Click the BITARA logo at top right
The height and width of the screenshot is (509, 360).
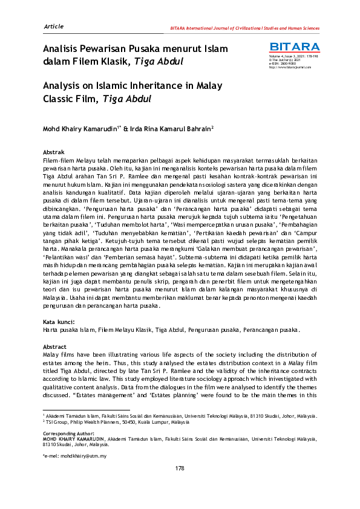click(295, 47)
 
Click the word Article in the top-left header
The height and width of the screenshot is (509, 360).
click(53, 27)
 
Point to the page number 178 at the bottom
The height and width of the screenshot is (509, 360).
click(180, 468)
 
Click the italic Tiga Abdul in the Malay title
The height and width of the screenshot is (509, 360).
click(162, 61)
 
